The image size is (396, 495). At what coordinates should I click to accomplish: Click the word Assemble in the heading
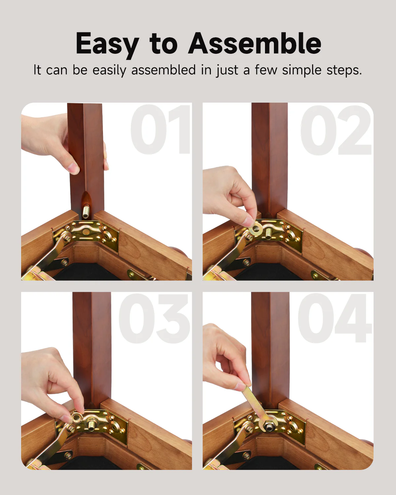(254, 44)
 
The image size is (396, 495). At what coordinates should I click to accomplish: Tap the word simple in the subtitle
(302, 70)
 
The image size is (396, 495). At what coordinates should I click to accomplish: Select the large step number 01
(161, 129)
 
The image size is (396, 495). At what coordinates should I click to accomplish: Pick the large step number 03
(155, 318)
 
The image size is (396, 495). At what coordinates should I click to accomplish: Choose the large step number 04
(335, 318)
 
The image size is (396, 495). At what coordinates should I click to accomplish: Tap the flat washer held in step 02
(255, 229)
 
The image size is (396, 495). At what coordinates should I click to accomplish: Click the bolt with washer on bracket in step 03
(91, 423)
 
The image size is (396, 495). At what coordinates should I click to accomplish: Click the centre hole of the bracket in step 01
(85, 232)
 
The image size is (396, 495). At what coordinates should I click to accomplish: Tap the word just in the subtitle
(227, 70)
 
